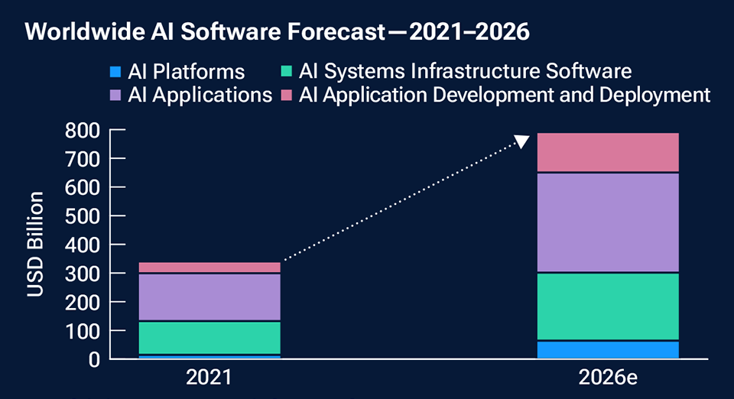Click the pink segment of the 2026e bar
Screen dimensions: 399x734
point(608,152)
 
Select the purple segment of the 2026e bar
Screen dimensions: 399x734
point(608,222)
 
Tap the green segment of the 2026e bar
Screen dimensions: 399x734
point(608,306)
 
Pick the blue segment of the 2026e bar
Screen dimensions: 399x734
point(608,350)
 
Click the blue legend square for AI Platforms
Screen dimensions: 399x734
point(115,73)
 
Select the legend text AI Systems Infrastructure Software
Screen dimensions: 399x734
point(465,72)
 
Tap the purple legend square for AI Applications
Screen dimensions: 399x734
point(115,96)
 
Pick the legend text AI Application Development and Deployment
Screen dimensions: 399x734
point(505,95)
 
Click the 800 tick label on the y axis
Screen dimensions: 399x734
point(82,131)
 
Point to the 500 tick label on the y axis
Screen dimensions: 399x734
point(82,216)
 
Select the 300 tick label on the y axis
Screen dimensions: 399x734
point(82,274)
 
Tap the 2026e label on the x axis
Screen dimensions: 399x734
point(609,378)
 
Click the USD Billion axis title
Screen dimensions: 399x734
point(36,245)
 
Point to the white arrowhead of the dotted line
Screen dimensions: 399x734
point(522,141)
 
